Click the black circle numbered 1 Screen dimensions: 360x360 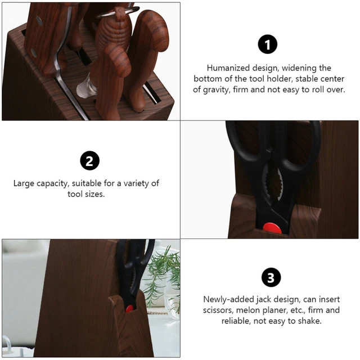pyautogui.click(x=268, y=44)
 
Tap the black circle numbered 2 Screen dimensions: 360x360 pyautogui.click(x=89, y=160)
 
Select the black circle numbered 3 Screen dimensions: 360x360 pyautogui.click(x=271, y=277)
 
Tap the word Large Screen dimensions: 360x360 pyautogui.click(x=24, y=183)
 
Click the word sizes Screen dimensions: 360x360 pyautogui.click(x=95, y=194)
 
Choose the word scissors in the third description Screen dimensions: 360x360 pyautogui.click(x=218, y=310)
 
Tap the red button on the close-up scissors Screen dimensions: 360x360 pyautogui.click(x=272, y=228)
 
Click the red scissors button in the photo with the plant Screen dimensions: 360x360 pyautogui.click(x=129, y=309)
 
